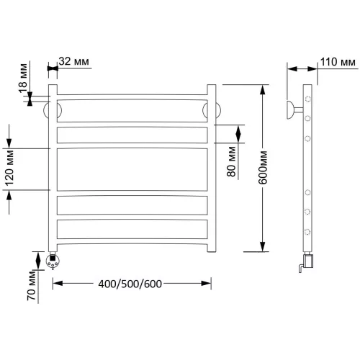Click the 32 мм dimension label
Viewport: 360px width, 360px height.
(73, 61)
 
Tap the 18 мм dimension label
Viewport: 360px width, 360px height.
(23, 78)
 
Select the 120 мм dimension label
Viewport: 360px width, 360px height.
(9, 168)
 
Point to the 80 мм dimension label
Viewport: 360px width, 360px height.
(231, 161)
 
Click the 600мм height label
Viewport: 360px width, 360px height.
(263, 168)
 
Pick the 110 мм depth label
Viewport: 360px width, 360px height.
(338, 62)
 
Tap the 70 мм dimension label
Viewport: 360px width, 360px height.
(31, 285)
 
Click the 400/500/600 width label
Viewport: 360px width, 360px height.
(130, 284)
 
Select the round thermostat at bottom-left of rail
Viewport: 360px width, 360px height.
(53, 261)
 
